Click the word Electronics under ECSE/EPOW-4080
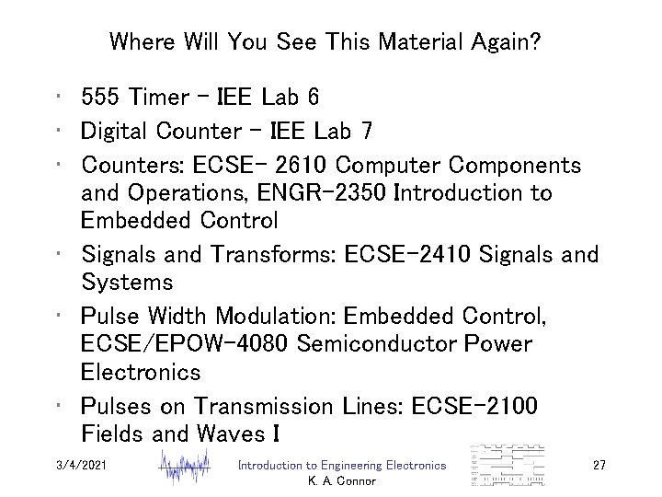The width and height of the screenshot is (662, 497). coord(141,374)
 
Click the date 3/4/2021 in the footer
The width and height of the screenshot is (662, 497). coord(83,466)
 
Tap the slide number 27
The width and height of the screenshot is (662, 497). coord(599,466)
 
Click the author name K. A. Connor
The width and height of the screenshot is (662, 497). coord(342,481)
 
